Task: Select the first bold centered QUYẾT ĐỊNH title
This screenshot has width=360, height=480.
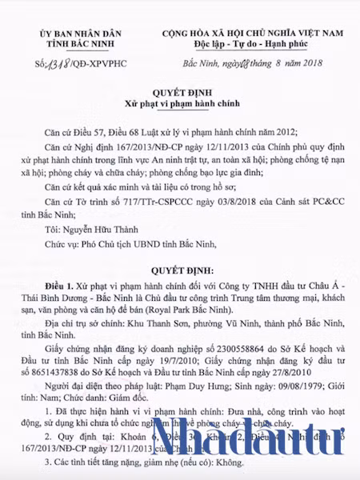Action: point(179,94)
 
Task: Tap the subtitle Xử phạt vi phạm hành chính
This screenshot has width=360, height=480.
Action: point(179,106)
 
